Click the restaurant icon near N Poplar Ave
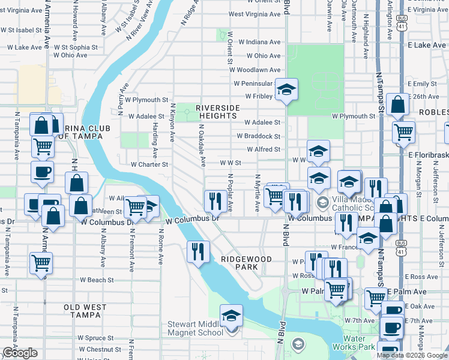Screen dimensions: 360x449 [215, 200]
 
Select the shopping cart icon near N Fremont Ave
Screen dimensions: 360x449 [136, 207]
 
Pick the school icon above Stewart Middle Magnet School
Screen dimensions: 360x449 [231, 316]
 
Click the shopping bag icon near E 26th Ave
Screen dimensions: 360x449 [399, 105]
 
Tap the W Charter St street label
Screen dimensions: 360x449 [149, 164]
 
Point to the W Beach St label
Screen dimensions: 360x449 [97, 280]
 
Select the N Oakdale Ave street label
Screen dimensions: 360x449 [202, 145]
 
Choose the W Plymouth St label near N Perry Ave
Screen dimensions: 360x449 [146, 100]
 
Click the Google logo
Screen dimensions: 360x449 [20, 353]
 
